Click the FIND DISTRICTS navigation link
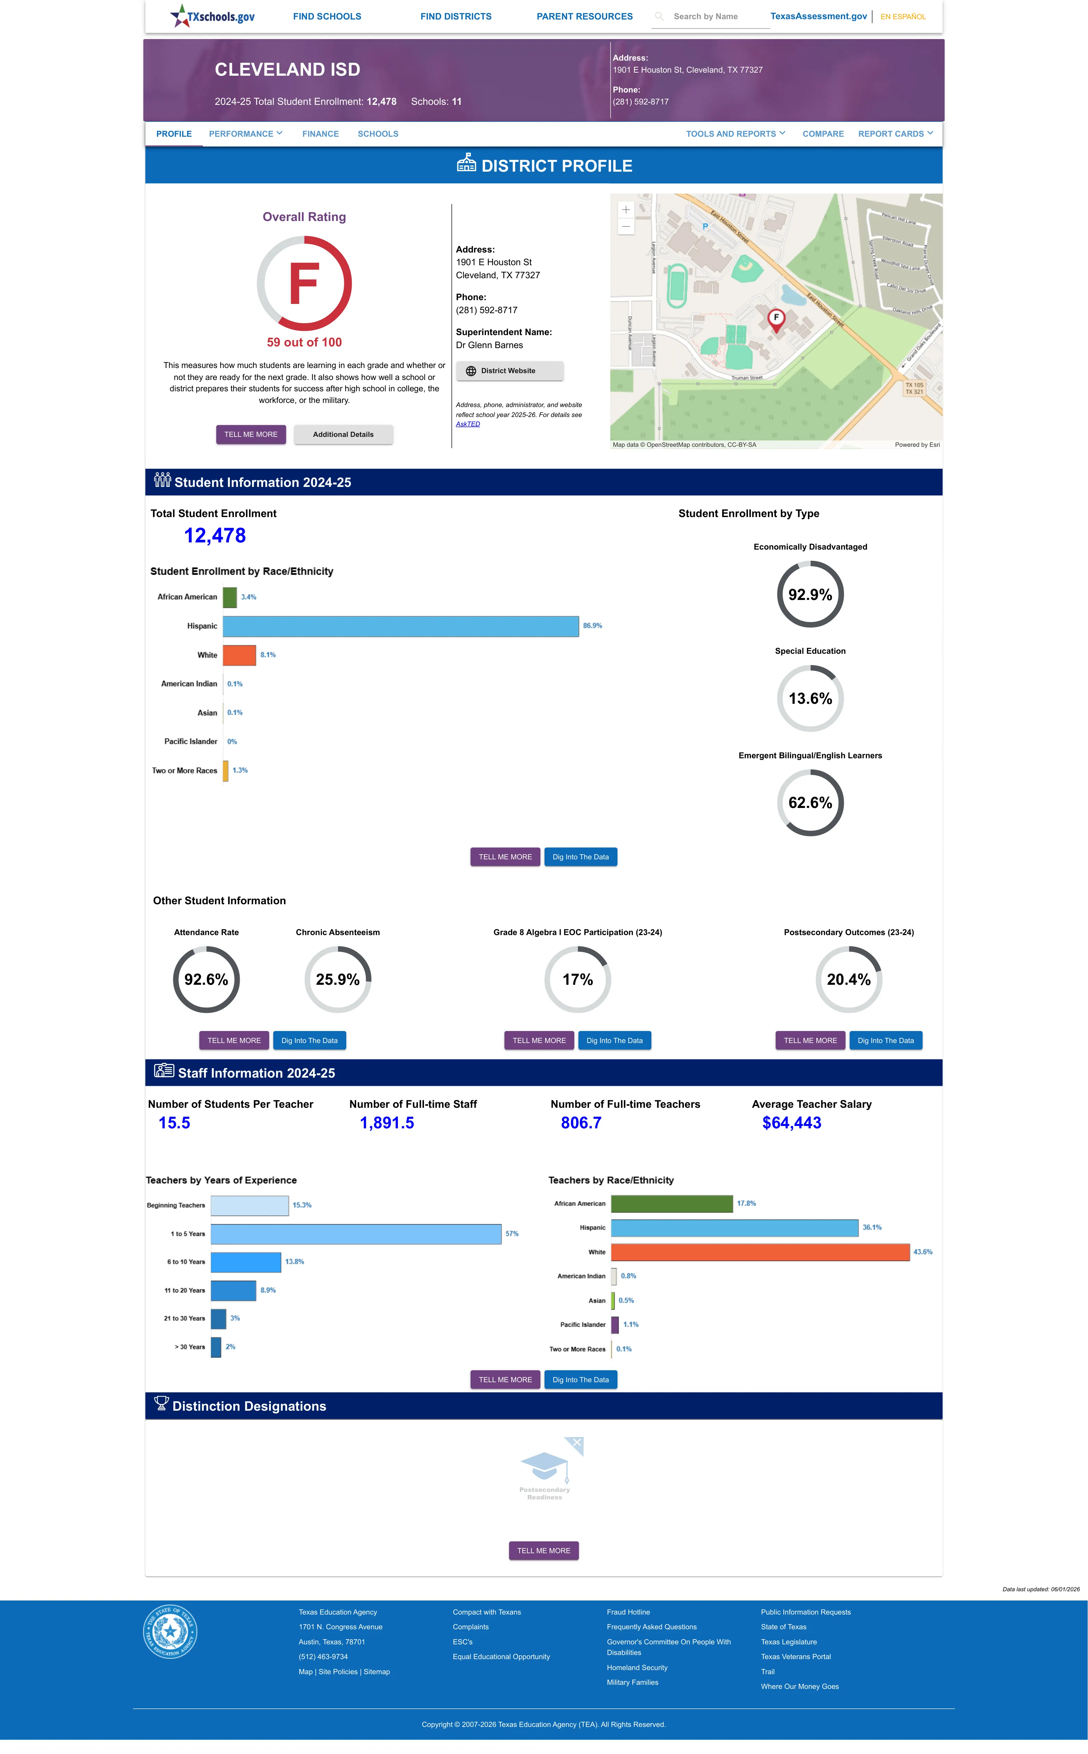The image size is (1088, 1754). (455, 16)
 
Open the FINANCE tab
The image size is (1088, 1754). (320, 134)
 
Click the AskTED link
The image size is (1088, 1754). (468, 424)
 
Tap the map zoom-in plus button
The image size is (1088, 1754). (626, 209)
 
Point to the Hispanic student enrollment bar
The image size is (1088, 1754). (401, 626)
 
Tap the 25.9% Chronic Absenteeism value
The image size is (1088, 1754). (337, 980)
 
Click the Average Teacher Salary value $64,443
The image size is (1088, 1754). (791, 1123)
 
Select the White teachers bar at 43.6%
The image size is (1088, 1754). (761, 1252)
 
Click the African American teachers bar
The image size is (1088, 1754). (672, 1203)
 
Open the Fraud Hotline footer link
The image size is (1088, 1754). (628, 1612)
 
